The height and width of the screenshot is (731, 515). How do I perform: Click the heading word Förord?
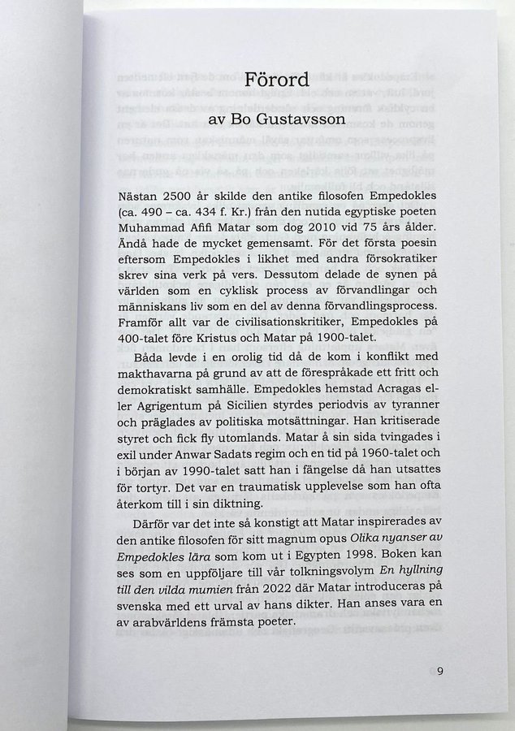pyautogui.click(x=276, y=81)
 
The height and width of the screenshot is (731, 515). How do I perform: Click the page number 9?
pyautogui.click(x=439, y=671)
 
